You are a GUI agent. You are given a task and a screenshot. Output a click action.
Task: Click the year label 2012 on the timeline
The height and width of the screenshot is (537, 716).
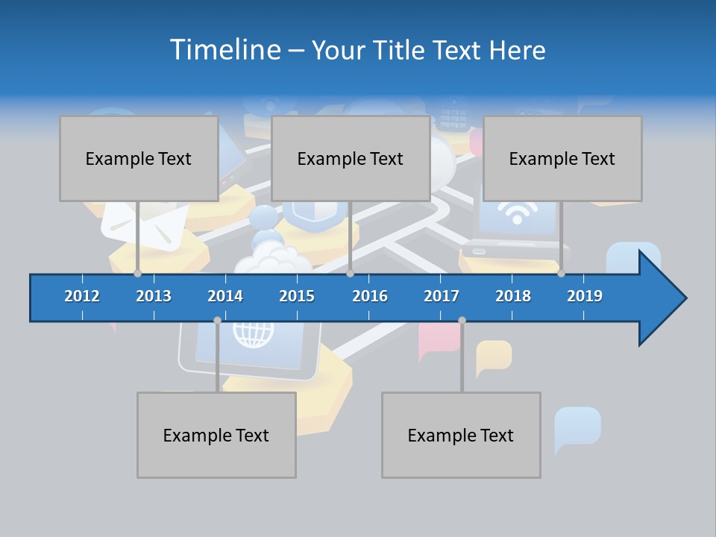pyautogui.click(x=82, y=296)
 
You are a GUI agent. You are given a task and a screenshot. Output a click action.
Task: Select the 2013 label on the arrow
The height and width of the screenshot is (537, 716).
pyautogui.click(x=154, y=296)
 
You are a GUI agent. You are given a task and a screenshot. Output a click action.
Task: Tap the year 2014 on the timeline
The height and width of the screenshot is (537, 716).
pyautogui.click(x=225, y=296)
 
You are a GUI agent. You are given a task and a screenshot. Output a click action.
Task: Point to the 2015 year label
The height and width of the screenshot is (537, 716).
pyautogui.click(x=297, y=296)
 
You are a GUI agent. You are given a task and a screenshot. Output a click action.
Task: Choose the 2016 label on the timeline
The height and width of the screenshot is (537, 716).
pyautogui.click(x=370, y=296)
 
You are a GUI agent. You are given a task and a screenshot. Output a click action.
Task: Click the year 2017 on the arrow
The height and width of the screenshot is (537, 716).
pyautogui.click(x=442, y=296)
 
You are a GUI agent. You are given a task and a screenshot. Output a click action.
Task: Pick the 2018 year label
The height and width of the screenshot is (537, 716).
pyautogui.click(x=513, y=296)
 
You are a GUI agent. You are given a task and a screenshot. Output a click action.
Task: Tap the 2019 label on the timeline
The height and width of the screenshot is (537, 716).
pyautogui.click(x=585, y=296)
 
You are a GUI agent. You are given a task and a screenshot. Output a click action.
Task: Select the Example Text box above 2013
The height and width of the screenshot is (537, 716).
pyautogui.click(x=139, y=158)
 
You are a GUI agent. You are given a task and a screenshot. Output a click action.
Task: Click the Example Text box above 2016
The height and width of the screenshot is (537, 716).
pyautogui.click(x=351, y=158)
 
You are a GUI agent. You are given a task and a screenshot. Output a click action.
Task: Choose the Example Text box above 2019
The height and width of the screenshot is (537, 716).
pyautogui.click(x=562, y=158)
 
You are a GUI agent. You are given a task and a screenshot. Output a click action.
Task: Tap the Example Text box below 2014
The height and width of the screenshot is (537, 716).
pyautogui.click(x=216, y=435)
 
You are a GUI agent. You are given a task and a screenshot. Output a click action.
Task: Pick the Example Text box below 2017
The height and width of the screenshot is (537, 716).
pyautogui.click(x=461, y=435)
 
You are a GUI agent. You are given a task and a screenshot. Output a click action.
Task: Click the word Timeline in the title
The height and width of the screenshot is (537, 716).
pyautogui.click(x=224, y=50)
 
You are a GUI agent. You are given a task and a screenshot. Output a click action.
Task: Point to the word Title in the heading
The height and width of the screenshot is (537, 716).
pyautogui.click(x=401, y=50)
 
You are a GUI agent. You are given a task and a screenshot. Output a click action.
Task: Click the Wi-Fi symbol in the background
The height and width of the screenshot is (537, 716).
pyautogui.click(x=515, y=213)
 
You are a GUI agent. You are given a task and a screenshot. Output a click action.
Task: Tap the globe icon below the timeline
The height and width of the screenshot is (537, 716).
pyautogui.click(x=254, y=333)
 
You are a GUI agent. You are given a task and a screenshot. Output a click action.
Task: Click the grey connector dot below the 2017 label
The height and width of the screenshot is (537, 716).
pyautogui.click(x=462, y=321)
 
